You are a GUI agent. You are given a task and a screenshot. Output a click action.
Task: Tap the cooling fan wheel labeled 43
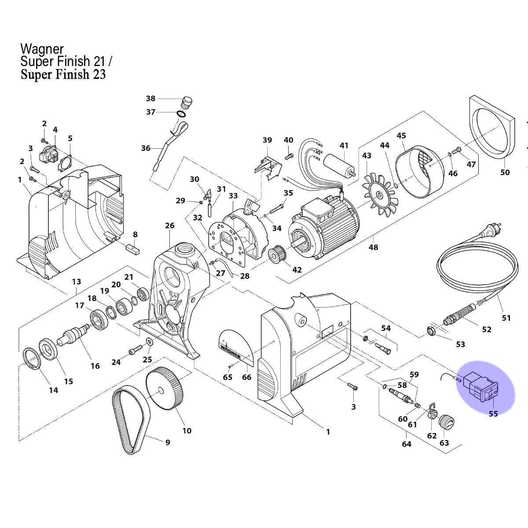click(380, 195)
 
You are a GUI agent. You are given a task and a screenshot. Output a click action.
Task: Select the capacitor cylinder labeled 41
click(340, 165)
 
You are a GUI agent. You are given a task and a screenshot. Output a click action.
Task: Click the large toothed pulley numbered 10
click(163, 388)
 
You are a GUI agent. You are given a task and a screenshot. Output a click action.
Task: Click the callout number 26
click(169, 226)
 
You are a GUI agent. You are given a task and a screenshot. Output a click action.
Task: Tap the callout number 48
click(373, 247)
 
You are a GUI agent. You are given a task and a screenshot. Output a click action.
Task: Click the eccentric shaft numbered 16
click(73, 334)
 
